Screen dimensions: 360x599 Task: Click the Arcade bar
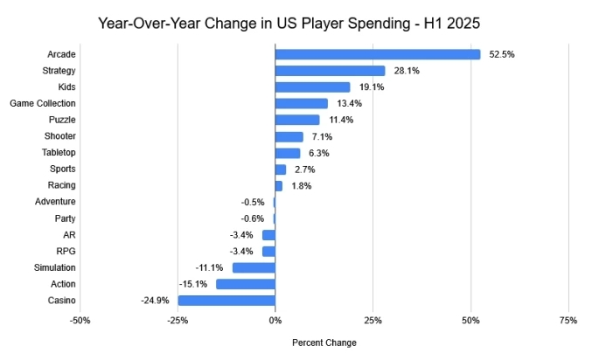tap(378, 54)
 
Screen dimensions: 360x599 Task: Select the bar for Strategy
tap(330, 71)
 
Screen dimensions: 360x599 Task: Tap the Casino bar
tap(226, 301)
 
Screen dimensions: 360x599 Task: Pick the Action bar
tap(246, 284)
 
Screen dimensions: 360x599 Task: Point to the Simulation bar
tap(254, 267)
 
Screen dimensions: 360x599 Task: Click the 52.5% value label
tap(502, 54)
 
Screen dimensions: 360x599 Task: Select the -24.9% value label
tap(155, 301)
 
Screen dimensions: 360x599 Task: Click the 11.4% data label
tap(341, 120)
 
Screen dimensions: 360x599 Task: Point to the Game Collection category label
tap(43, 103)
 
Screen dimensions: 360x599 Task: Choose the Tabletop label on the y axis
tap(59, 153)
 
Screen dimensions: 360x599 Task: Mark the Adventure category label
tap(56, 202)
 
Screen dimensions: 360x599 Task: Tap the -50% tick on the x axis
tap(80, 321)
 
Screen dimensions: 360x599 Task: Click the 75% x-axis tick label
tap(568, 321)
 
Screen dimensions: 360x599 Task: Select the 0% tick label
tap(275, 321)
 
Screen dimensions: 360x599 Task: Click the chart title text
tap(299, 21)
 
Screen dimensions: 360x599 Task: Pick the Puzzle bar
tap(297, 120)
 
